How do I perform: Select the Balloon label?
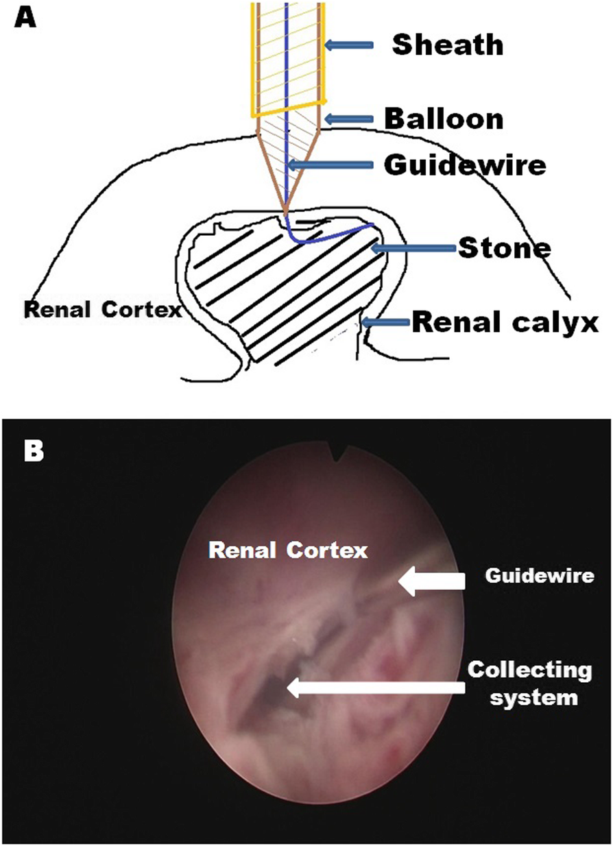444,119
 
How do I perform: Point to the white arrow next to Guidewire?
432,582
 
